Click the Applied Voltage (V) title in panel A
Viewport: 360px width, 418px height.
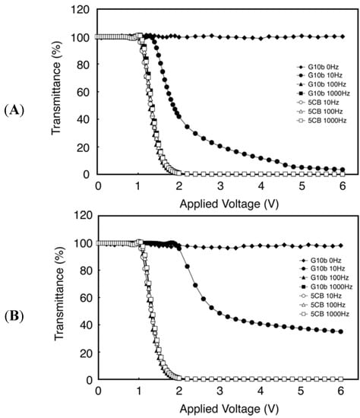(220, 204)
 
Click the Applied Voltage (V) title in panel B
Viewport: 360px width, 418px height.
(220, 408)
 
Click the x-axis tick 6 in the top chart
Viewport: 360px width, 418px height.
(343, 186)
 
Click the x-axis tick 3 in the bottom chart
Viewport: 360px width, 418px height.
(220, 391)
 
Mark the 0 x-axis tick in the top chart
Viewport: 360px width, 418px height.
(98, 186)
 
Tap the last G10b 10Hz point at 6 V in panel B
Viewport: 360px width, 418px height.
(341, 331)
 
